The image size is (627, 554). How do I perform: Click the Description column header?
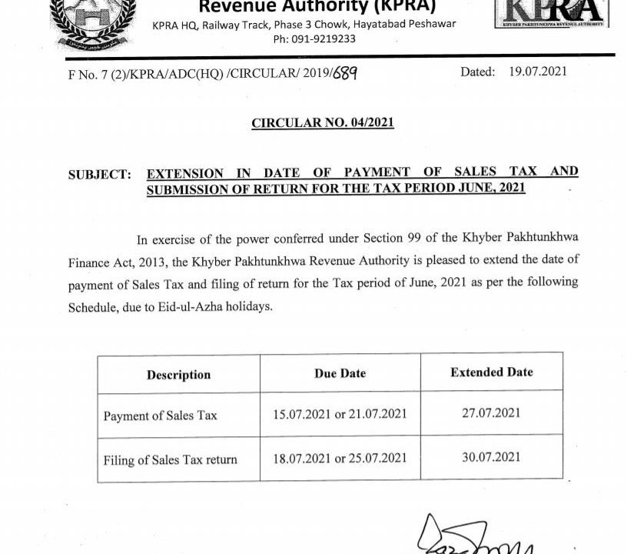(178, 375)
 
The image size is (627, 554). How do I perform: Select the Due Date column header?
(340, 373)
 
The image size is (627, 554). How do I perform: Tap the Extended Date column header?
(491, 372)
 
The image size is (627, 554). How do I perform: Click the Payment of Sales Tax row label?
(160, 415)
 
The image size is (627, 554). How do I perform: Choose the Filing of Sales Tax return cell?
(170, 460)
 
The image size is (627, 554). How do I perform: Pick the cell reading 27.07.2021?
(491, 413)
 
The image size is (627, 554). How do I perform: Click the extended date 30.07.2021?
(491, 457)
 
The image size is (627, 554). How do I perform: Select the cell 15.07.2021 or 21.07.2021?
(340, 415)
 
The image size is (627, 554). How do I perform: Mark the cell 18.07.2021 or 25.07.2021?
(340, 459)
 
